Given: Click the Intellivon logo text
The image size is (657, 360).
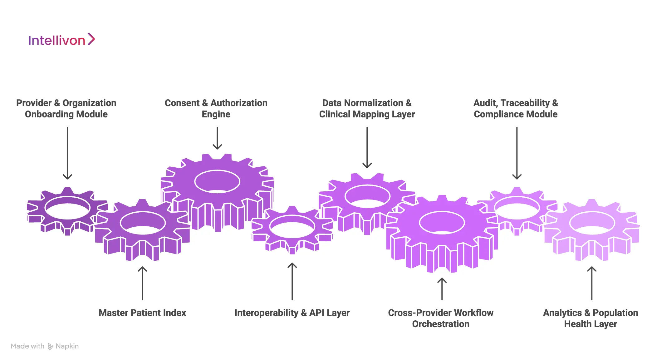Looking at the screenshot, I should [56, 41].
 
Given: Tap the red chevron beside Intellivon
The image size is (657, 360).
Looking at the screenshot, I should [91, 39].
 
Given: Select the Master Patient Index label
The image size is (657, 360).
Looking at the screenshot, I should [142, 313].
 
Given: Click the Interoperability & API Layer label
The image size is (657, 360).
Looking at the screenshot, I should [292, 313].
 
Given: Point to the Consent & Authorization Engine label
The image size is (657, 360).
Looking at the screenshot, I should [216, 108].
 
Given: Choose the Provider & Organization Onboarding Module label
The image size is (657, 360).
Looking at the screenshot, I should [66, 108].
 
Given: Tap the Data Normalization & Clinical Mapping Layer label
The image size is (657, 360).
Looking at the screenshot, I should [367, 108].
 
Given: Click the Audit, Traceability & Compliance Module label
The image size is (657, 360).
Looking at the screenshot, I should [516, 108].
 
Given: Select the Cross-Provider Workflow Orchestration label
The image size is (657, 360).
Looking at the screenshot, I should [441, 318].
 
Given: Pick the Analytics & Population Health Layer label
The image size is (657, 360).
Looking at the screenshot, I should [591, 318].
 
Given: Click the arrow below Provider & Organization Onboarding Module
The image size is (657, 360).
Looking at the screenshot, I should [67, 153].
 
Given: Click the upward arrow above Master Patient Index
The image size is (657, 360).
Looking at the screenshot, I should [142, 283].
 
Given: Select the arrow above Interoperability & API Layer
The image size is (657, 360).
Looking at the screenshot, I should [292, 281].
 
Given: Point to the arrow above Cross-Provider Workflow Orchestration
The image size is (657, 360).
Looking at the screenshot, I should [442, 288].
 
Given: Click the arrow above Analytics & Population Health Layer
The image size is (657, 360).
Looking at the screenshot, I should [592, 283].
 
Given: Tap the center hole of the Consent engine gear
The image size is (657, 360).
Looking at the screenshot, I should [217, 181].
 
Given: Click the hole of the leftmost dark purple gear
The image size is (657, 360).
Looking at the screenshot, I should [67, 208].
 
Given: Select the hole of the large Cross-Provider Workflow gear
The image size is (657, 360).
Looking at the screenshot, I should [442, 223].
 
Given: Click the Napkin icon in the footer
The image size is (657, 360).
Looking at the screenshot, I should [50, 346].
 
